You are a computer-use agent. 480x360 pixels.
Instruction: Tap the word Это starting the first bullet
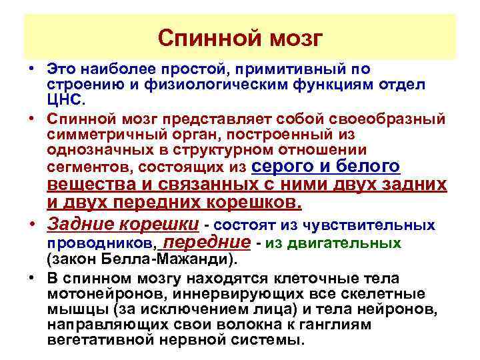pos(63,69)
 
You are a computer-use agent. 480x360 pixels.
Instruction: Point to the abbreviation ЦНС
pos(66,99)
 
